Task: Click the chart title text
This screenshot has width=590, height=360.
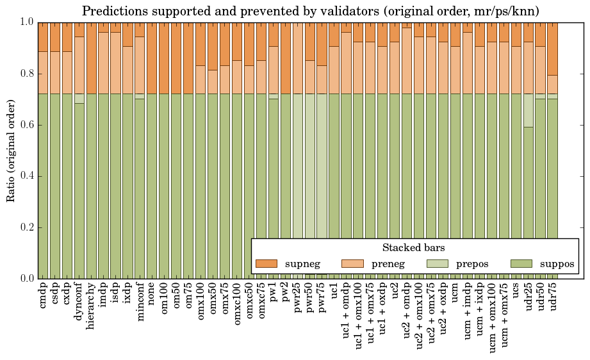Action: pyautogui.click(x=310, y=11)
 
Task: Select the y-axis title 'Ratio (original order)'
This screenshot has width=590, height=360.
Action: pyautogui.click(x=11, y=150)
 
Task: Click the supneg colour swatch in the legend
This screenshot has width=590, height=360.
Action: pyautogui.click(x=266, y=263)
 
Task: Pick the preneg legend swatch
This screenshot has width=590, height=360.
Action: pyautogui.click(x=352, y=263)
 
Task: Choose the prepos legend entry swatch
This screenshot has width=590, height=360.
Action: pyautogui.click(x=438, y=263)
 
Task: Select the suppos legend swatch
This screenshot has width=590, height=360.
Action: pyautogui.click(x=523, y=263)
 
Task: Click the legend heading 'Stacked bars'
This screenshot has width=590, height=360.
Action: pyautogui.click(x=413, y=248)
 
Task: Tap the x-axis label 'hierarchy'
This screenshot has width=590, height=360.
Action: pyautogui.click(x=92, y=302)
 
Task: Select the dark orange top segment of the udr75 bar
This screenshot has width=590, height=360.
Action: pyautogui.click(x=553, y=48)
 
